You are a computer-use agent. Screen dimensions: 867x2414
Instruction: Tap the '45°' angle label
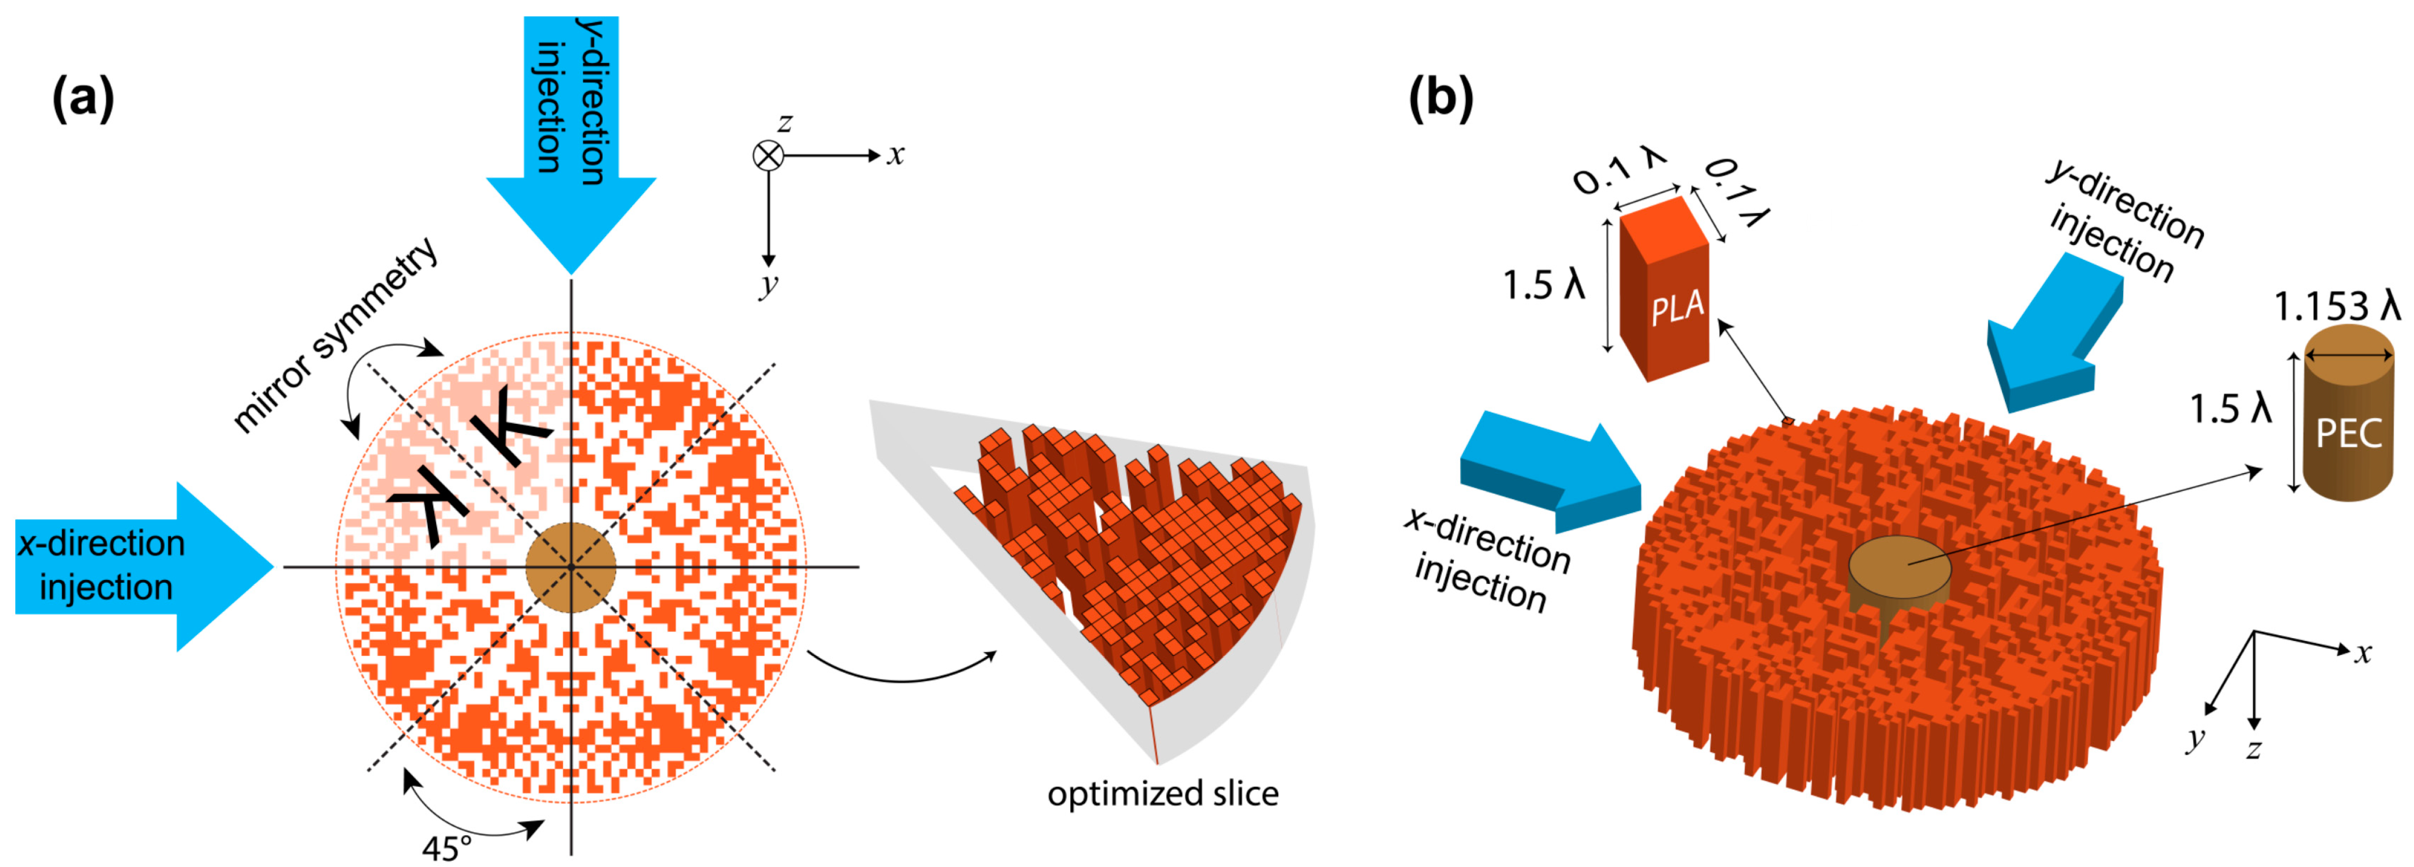pos(446,847)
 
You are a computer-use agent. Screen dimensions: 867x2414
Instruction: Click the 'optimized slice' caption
pos(1162,794)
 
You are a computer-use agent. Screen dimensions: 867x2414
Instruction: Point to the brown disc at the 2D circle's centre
pos(570,567)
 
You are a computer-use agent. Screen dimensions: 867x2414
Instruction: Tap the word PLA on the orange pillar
pos(1677,307)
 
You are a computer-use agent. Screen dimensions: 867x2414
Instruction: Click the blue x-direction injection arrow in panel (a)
pos(140,566)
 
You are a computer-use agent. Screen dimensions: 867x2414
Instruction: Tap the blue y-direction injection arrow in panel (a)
pos(571,140)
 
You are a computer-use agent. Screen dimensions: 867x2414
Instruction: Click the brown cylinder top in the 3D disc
pos(1899,566)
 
